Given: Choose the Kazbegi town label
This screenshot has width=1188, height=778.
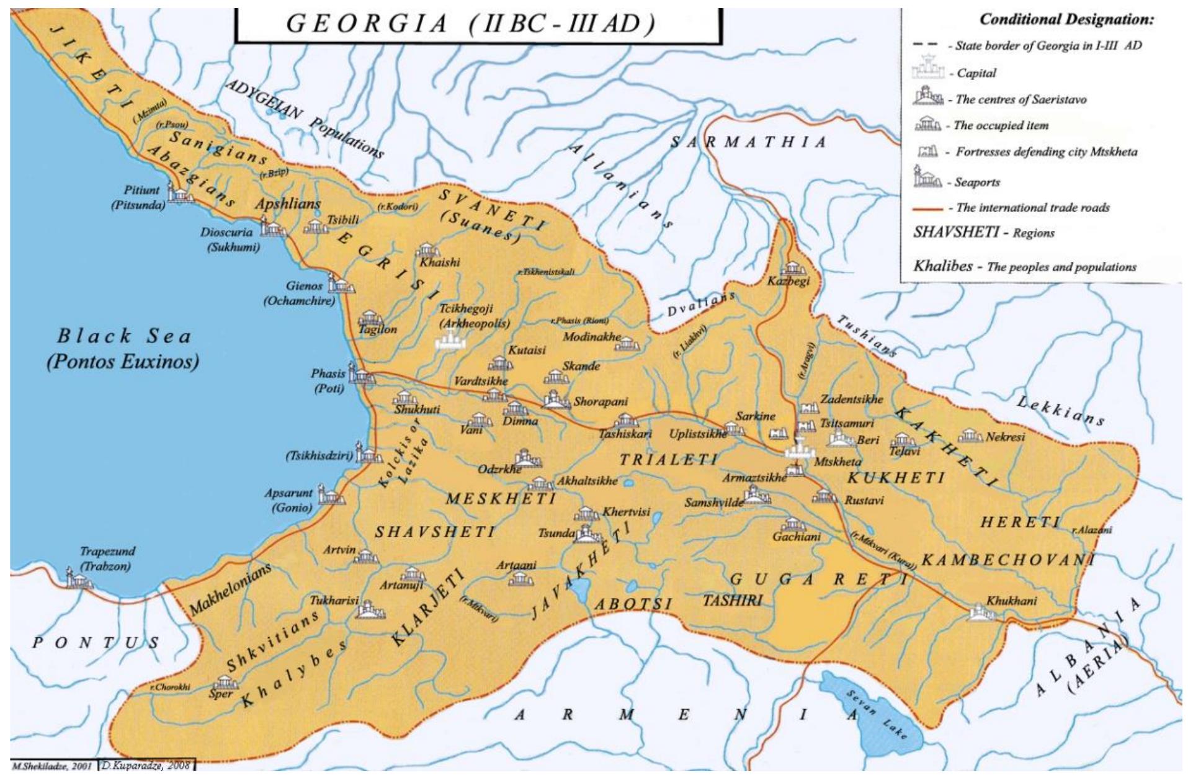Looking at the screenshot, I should pos(788,282).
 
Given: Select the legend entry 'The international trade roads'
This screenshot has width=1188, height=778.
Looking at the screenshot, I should pos(1032,208).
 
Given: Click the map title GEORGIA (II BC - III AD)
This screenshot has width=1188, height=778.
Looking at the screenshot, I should pos(471,24).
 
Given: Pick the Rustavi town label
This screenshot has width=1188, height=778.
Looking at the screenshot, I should pos(864,500).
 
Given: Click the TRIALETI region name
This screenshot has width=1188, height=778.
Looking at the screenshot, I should pos(668,460).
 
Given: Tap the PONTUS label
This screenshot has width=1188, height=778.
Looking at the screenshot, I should pos(96,643).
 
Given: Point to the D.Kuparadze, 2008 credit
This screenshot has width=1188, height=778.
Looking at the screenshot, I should pos(146,766).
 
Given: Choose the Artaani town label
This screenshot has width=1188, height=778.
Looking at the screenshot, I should pos(516,565).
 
